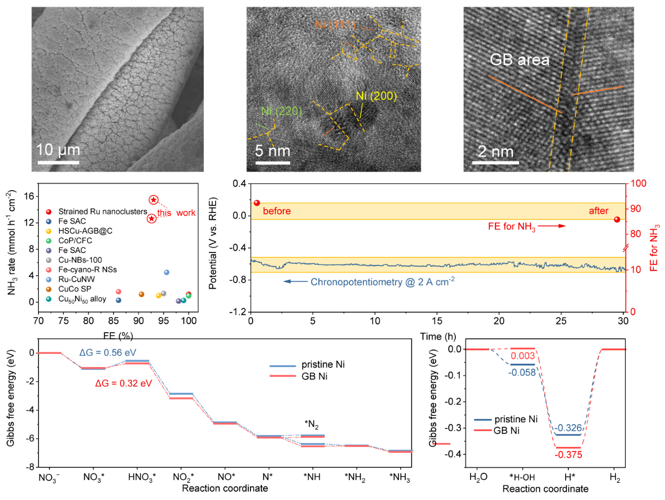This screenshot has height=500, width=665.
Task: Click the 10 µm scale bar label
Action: pos(58,149)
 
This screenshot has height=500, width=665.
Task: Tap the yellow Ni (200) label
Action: pos(377,96)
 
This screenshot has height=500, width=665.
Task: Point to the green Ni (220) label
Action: pos(280,111)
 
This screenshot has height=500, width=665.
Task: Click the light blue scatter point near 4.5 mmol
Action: pos(167,272)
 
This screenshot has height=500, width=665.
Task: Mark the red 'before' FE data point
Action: pos(257,203)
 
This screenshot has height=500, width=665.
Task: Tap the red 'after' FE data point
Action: pos(617,219)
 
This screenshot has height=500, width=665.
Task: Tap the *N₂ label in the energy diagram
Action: pos(312,425)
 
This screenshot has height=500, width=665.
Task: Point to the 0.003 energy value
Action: pos(523,356)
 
